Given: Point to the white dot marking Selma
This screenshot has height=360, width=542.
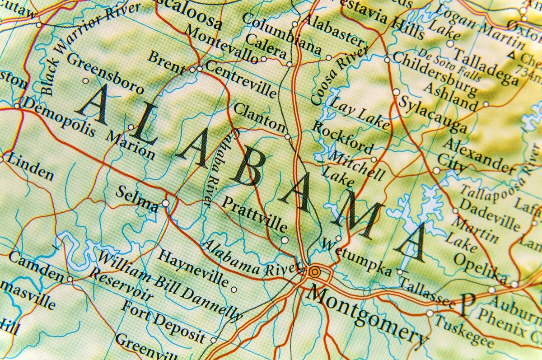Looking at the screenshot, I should (x=166, y=203).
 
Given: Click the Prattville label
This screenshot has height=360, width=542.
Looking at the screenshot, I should (x=254, y=214).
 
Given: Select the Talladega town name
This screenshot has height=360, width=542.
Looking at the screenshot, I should (x=486, y=67).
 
